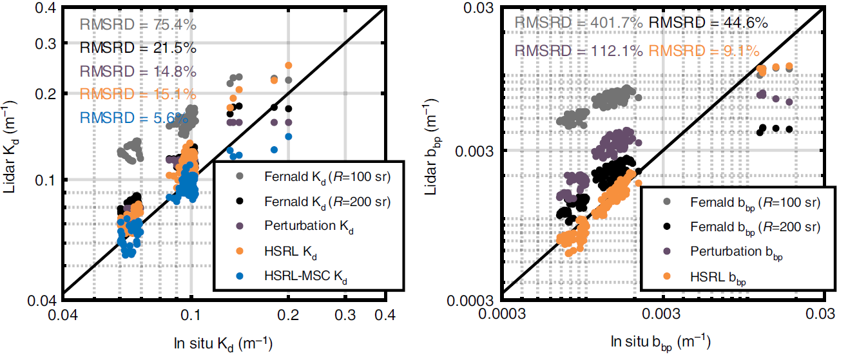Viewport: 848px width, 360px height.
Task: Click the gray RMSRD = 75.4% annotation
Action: (x=138, y=25)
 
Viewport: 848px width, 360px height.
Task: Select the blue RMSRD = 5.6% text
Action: (x=134, y=118)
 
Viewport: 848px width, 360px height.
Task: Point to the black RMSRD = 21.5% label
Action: (x=138, y=48)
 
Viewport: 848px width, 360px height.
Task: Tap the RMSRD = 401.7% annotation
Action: (x=578, y=24)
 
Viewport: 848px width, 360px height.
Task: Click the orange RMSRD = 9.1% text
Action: (x=704, y=51)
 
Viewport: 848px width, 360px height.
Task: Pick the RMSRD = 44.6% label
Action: (x=708, y=24)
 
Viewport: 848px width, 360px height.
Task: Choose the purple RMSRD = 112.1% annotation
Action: (x=578, y=51)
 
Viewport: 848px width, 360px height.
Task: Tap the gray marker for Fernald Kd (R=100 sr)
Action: (x=240, y=175)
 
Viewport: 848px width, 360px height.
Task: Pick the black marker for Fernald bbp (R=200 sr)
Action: (x=666, y=227)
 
